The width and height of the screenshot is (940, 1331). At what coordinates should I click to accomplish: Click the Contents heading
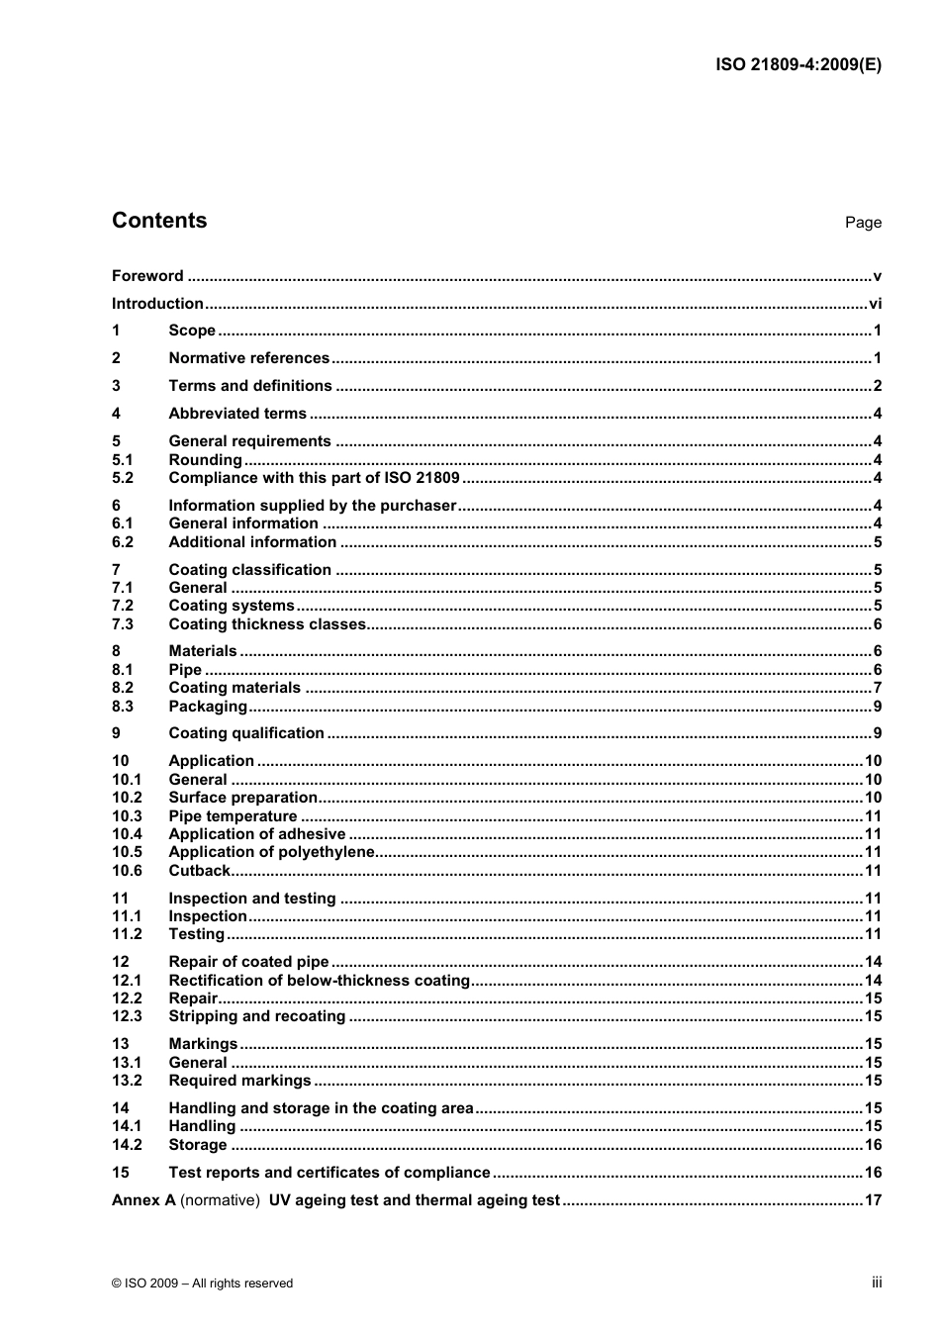159,221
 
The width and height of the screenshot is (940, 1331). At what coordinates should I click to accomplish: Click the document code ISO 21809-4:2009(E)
798,65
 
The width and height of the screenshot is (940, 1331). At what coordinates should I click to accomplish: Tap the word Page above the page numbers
862,223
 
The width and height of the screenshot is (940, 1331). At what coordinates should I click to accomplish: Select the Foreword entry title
147,276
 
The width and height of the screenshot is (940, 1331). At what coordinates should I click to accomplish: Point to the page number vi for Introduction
875,304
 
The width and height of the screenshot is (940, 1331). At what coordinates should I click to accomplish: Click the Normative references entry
248,358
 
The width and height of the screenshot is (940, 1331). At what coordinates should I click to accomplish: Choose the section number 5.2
123,478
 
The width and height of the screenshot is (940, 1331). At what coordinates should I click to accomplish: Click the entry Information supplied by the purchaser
312,506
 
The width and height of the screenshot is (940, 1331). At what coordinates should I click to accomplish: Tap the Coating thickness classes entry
267,624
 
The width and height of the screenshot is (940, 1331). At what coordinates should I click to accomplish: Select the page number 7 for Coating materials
877,688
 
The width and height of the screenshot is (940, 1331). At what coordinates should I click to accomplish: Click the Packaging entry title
208,707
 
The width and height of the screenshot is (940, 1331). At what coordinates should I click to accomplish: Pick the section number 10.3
127,816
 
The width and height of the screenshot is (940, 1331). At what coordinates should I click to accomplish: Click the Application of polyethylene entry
271,852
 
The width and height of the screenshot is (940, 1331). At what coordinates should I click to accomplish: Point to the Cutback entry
199,871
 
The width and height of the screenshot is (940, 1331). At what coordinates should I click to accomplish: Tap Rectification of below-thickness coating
319,981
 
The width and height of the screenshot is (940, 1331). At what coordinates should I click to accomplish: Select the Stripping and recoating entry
256,1016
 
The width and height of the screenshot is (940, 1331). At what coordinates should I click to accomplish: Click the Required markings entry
239,1081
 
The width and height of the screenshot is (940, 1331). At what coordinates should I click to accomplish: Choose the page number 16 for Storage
873,1145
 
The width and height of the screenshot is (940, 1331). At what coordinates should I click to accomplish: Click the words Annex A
143,1200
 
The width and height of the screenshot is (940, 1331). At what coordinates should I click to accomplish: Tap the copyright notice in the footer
202,1283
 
